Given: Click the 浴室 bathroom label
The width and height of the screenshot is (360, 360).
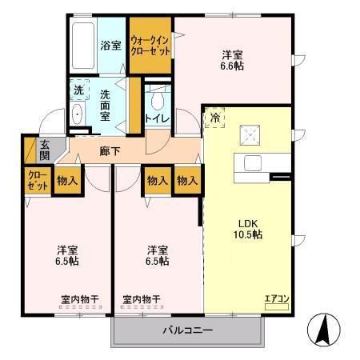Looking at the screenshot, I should pyautogui.click(x=110, y=46).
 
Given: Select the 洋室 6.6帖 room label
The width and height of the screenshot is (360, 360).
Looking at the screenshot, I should pyautogui.click(x=233, y=60).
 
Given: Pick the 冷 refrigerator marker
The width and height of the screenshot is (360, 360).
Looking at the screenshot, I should pyautogui.click(x=215, y=118).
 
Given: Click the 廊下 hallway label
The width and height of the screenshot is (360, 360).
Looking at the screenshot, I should pyautogui.click(x=110, y=150).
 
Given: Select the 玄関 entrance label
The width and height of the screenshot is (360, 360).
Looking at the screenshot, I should pyautogui.click(x=45, y=150).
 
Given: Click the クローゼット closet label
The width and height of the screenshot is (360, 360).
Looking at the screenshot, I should pyautogui.click(x=37, y=181).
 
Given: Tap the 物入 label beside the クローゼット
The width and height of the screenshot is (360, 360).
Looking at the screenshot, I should pyautogui.click(x=67, y=181).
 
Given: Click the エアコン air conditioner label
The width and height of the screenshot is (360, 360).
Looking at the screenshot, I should pyautogui.click(x=277, y=298).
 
